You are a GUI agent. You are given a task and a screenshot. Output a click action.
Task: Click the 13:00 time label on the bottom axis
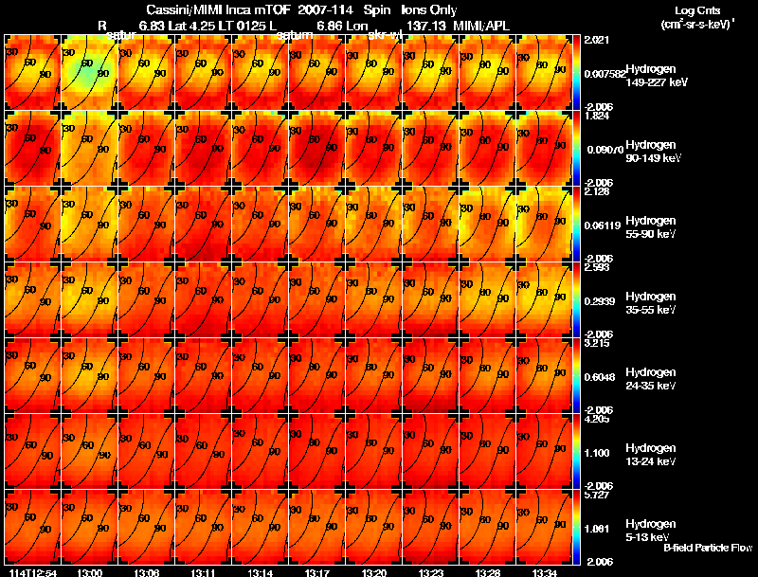(90, 572)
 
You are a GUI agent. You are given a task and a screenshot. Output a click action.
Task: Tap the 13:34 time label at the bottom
(544, 572)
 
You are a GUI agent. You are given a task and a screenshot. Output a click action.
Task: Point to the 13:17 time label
(317, 572)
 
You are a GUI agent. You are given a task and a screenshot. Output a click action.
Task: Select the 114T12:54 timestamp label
(32, 572)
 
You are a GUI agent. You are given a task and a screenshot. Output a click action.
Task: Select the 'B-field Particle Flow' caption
(707, 548)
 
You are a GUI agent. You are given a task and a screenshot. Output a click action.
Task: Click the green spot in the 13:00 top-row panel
(88, 71)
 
